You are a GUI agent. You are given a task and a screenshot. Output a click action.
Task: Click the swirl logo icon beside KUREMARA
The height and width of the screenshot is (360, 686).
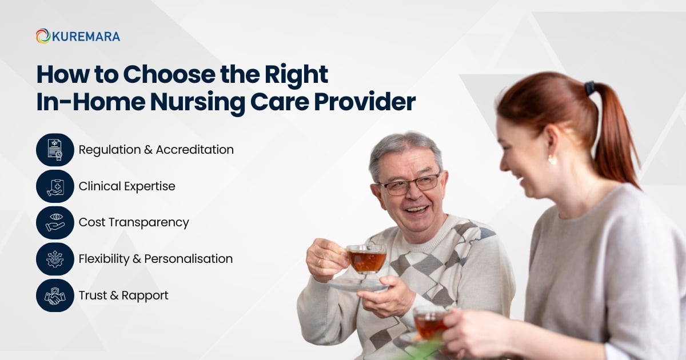(x=43, y=36)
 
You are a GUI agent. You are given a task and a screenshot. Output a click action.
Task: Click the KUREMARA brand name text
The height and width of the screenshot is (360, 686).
(x=86, y=37)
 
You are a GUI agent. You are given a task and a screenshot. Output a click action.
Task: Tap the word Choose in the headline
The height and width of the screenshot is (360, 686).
(x=169, y=74)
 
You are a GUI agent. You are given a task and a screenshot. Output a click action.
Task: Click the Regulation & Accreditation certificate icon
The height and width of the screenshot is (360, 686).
(x=55, y=150)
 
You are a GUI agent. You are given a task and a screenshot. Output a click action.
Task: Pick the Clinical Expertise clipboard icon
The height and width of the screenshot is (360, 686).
(x=55, y=186)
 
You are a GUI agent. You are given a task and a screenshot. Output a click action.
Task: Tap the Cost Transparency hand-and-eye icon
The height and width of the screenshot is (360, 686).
(x=55, y=222)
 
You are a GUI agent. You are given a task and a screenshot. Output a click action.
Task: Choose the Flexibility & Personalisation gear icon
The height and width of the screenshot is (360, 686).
(x=55, y=259)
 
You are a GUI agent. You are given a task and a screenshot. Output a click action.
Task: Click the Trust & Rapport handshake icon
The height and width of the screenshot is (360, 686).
(x=55, y=295)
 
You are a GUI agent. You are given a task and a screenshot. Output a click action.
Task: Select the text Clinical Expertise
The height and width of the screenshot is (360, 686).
(x=127, y=186)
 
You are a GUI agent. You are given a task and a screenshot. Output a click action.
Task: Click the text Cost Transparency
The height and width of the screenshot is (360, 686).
(x=134, y=223)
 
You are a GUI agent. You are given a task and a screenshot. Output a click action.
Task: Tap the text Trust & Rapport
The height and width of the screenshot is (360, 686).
(x=123, y=296)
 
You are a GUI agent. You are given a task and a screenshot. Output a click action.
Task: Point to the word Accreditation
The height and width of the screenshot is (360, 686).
(x=195, y=150)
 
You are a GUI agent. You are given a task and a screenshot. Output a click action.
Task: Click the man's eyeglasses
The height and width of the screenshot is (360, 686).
(x=410, y=184)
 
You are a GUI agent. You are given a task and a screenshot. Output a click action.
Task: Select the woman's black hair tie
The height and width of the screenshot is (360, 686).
(x=589, y=88)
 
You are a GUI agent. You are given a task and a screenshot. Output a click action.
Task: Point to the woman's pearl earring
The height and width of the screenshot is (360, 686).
(x=552, y=159)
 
